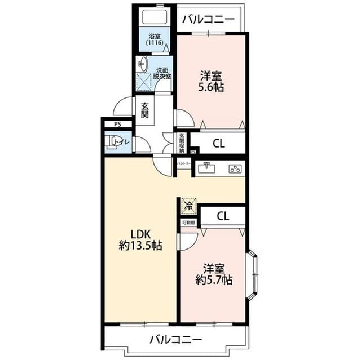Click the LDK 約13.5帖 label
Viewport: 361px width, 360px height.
[x=140, y=239]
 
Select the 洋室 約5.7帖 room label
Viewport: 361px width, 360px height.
[x=214, y=274]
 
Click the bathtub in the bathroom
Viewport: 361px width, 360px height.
[x=154, y=16]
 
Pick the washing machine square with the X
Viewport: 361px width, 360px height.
[x=144, y=82]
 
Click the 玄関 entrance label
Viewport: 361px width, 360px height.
[x=145, y=110]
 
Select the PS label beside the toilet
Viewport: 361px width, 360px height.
[x=117, y=125]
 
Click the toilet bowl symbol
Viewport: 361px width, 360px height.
[x=115, y=141]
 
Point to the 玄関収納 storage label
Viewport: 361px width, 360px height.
[x=182, y=142]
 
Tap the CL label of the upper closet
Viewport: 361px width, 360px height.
[x=218, y=143]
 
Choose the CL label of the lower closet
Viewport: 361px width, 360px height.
[x=223, y=216]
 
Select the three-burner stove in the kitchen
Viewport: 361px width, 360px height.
[x=234, y=168]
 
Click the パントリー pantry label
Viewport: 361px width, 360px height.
[x=184, y=163]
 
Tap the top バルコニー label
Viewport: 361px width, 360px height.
[x=208, y=19]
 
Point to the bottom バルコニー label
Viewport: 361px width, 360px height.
[x=175, y=339]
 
